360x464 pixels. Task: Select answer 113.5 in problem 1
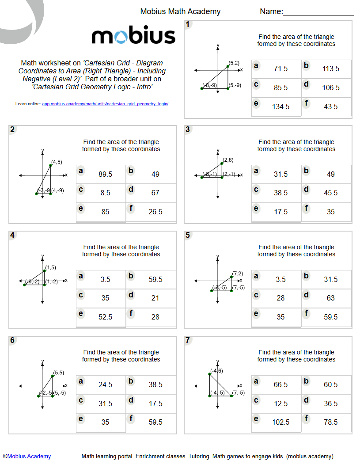coord(331,69)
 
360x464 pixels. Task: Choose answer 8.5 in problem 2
coord(105,193)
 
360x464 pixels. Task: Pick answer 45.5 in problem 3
coord(331,193)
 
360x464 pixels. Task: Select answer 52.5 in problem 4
coord(105,317)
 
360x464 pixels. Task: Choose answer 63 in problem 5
coord(331,298)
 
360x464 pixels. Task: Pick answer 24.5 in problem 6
coord(105,385)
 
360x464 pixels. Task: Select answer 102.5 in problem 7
coord(281,422)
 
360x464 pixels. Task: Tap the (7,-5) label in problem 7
coord(239,393)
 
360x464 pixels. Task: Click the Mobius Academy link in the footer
coord(29,456)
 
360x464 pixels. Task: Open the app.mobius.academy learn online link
coord(105,104)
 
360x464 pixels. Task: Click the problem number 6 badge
coord(12,340)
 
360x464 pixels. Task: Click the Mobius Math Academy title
coord(180,11)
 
